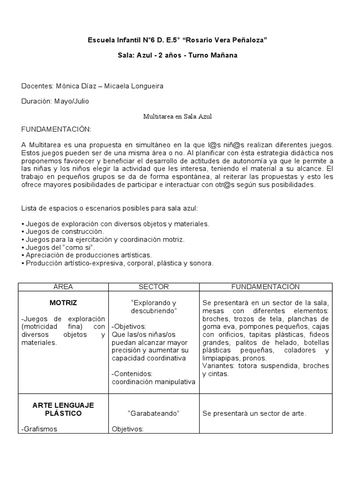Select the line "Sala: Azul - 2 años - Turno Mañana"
point(177,55)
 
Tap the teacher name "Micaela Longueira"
point(134,86)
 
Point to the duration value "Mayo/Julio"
point(72,101)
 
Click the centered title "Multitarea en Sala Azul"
point(177,116)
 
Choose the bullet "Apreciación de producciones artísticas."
point(87,255)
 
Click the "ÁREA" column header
point(63,287)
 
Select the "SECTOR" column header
point(154,287)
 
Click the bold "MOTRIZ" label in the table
point(63,303)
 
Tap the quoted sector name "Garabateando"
point(154,413)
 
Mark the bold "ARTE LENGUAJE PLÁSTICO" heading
point(63,409)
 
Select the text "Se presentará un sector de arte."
point(254,413)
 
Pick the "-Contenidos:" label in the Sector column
point(131,373)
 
